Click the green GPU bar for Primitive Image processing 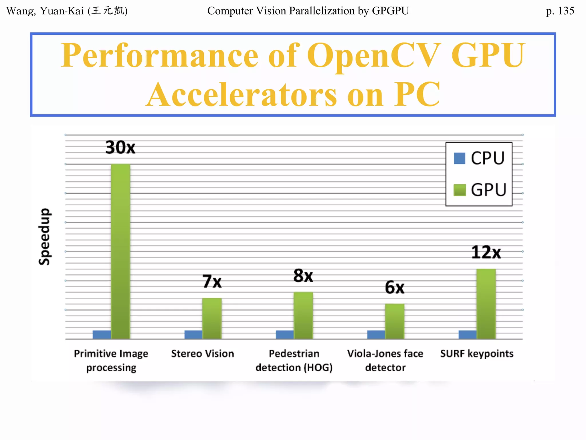pyautogui.click(x=120, y=251)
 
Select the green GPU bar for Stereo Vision pyautogui.click(x=212, y=318)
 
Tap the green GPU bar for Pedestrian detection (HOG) pyautogui.click(x=303, y=315)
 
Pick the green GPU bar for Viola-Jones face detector pyautogui.click(x=395, y=321)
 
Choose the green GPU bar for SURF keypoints pyautogui.click(x=486, y=304)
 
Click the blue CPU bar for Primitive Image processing pyautogui.click(x=102, y=335)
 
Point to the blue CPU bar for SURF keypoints pyautogui.click(x=467, y=335)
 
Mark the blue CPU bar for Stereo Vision pyautogui.click(x=193, y=335)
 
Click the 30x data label pyautogui.click(x=120, y=148)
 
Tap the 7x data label pyautogui.click(x=212, y=281)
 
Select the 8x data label pyautogui.click(x=303, y=276)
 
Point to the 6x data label pyautogui.click(x=395, y=287)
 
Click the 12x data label pyautogui.click(x=486, y=252)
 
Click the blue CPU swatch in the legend pyautogui.click(x=460, y=158)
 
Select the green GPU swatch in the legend pyautogui.click(x=460, y=190)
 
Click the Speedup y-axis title pyautogui.click(x=45, y=237)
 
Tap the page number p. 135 pyautogui.click(x=560, y=11)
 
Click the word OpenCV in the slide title pyautogui.click(x=372, y=55)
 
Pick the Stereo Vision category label pyautogui.click(x=203, y=354)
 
